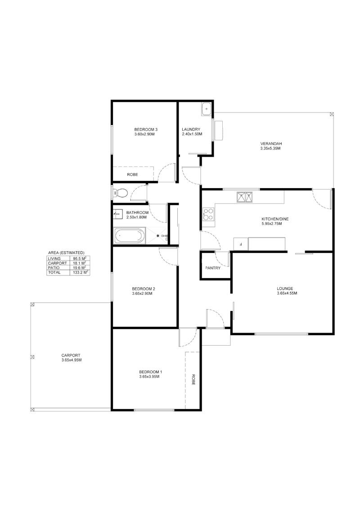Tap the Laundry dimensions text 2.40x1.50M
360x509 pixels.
[192, 134]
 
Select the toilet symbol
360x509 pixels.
[121, 193]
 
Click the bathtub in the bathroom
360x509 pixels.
[129, 236]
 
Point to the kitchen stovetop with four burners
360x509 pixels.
[208, 214]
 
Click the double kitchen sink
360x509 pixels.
[244, 197]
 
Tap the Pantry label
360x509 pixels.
[212, 268]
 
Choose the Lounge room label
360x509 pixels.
[285, 288]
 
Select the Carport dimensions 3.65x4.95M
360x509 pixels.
[71, 360]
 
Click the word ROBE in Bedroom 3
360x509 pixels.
[132, 175]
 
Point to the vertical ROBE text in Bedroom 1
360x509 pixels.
[193, 380]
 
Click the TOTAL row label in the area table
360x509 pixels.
[54, 273]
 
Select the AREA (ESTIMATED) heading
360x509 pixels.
[66, 252]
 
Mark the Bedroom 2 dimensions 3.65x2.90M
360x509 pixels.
[142, 293]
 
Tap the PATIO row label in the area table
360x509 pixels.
[54, 268]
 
